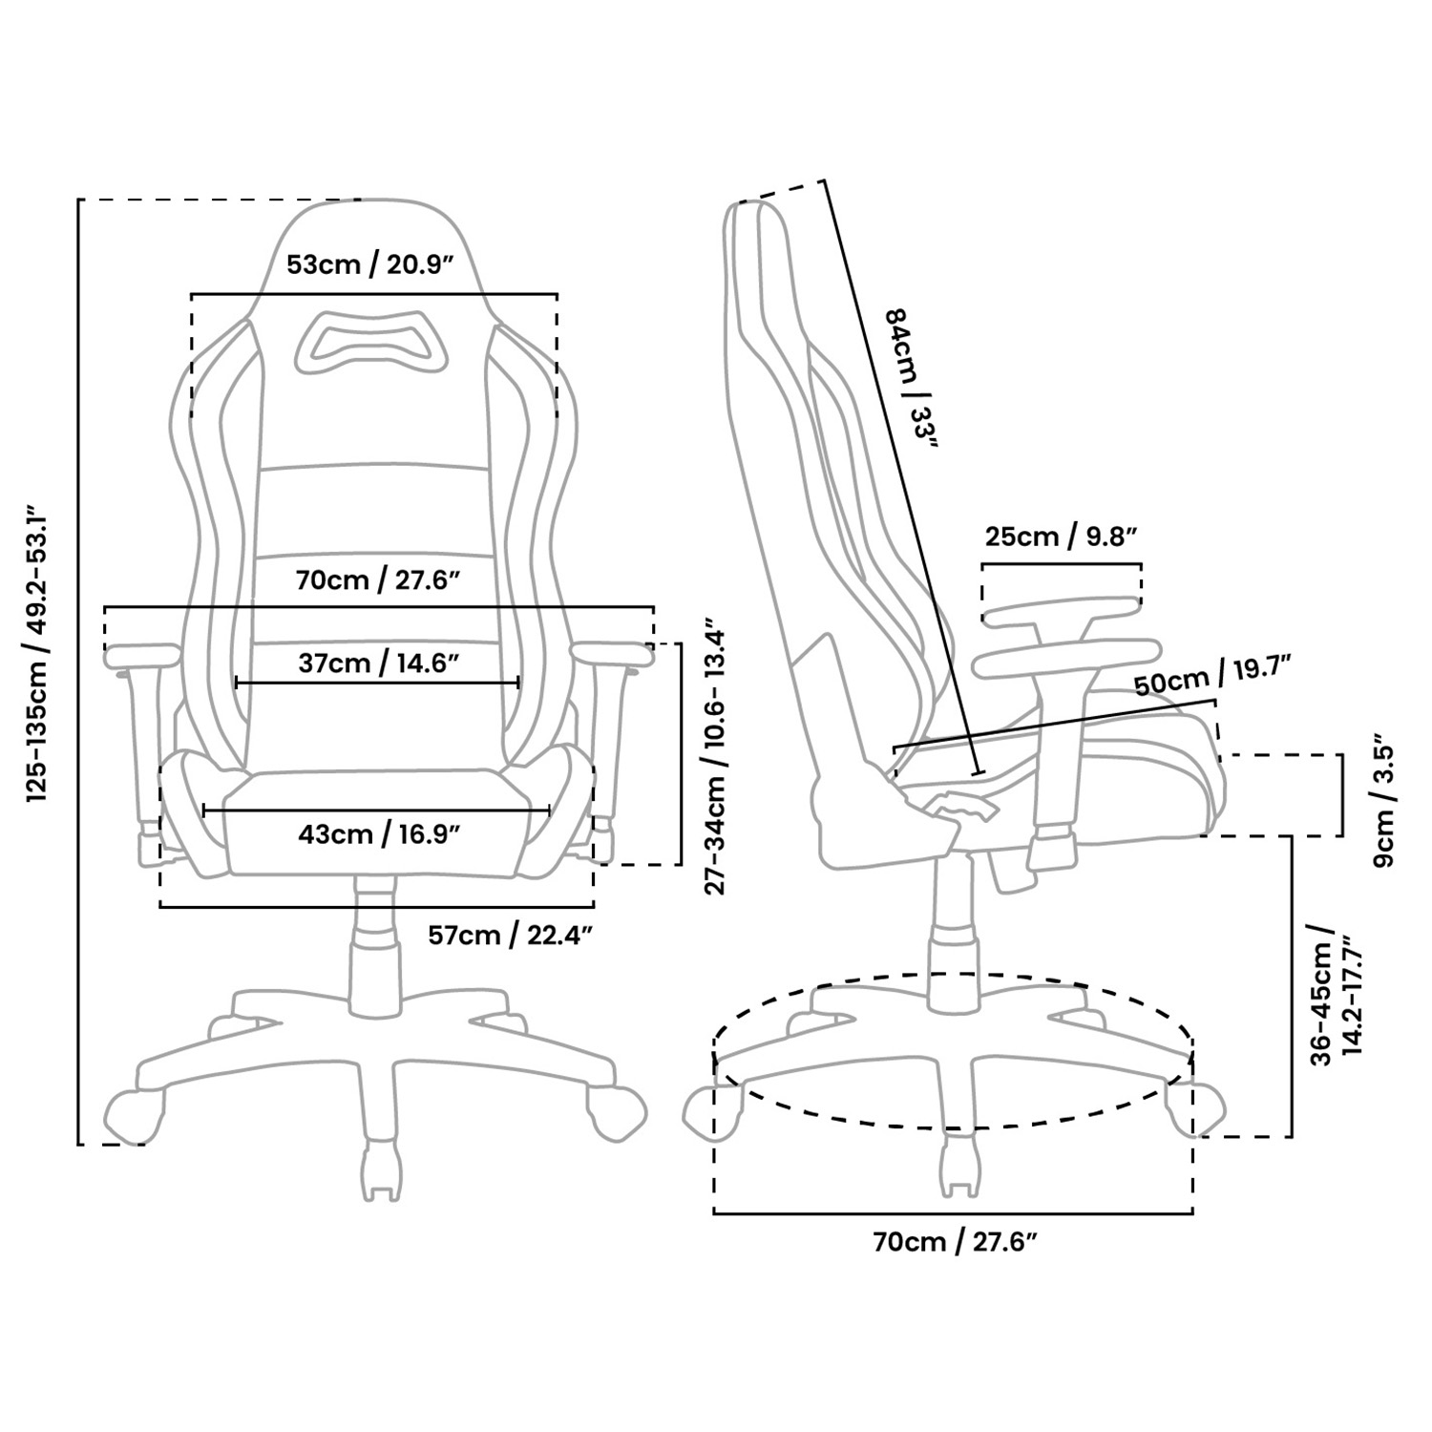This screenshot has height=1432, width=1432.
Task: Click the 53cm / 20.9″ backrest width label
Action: (369, 263)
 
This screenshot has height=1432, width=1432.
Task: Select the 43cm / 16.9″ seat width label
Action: (379, 834)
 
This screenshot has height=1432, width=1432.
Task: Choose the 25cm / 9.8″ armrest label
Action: (1061, 537)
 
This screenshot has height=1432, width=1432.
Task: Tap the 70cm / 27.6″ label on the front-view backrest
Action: (371, 579)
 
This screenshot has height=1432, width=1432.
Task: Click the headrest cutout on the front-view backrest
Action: (372, 341)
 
